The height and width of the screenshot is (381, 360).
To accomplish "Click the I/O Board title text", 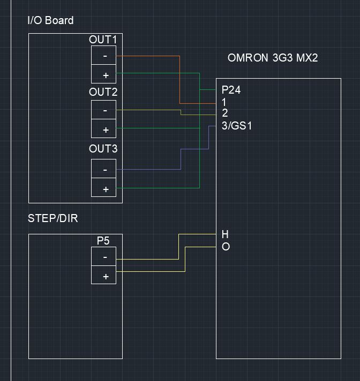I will (50, 21).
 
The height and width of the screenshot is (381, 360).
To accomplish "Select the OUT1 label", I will (103, 40).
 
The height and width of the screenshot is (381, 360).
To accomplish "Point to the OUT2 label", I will (103, 92).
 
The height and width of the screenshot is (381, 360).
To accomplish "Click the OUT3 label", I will (103, 149).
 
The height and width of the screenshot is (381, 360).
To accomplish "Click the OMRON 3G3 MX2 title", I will (273, 58).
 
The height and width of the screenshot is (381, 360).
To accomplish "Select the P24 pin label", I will (231, 90).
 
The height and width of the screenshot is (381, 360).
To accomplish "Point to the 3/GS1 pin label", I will (236, 126).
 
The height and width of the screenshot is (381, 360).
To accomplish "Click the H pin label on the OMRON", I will (225, 234).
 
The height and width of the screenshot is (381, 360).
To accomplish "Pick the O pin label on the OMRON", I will (226, 247).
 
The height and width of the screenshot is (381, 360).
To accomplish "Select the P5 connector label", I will (103, 241).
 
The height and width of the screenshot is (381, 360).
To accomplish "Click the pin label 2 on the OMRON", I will (225, 113).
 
